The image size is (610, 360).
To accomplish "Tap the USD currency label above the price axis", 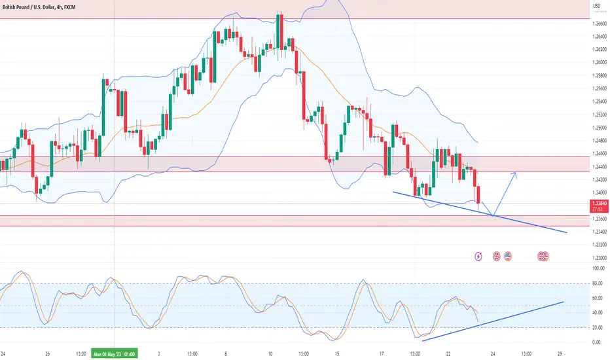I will [596, 6].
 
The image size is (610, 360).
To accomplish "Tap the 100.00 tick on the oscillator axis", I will [598, 268].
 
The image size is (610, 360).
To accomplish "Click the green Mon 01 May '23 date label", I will [115, 355].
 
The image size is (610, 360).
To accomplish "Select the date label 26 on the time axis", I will [48, 355].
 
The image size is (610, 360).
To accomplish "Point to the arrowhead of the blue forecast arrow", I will [516, 173].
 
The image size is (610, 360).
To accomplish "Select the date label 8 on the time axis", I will [225, 355].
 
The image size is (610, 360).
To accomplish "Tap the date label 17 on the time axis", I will [380, 355].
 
